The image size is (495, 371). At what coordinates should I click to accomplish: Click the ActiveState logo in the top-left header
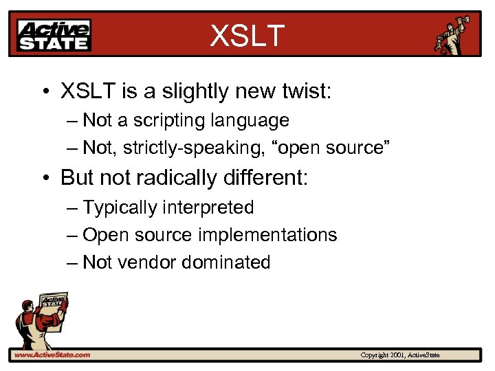pos(54,35)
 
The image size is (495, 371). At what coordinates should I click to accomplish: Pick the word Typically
pos(120,207)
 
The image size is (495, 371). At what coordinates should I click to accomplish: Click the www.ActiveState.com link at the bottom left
pos(52,355)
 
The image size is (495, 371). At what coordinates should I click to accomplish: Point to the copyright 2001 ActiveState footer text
pos(400,355)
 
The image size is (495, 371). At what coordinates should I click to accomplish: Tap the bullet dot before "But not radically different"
pos(45,179)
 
